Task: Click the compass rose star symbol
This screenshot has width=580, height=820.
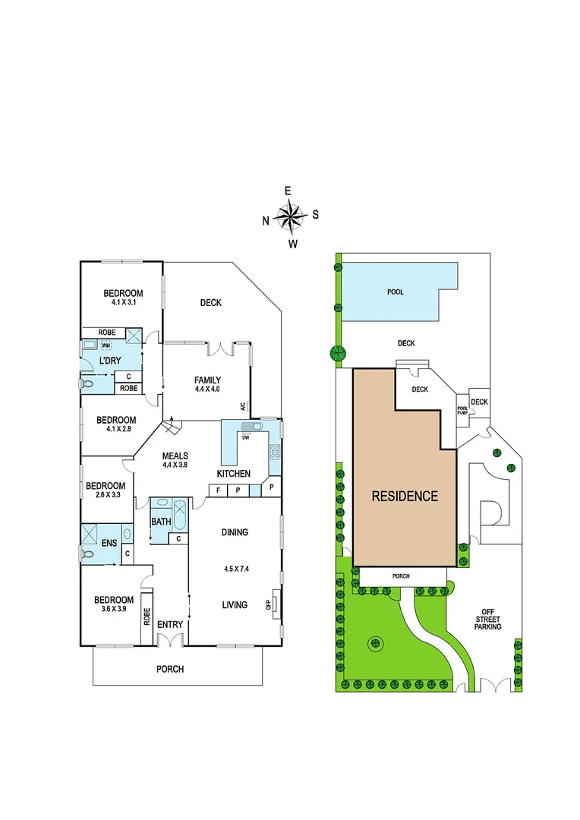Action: pyautogui.click(x=289, y=217)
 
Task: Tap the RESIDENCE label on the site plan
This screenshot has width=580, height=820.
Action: pyautogui.click(x=405, y=497)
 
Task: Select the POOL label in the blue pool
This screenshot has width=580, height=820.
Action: pyautogui.click(x=395, y=292)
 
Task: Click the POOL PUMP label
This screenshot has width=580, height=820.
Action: pyautogui.click(x=462, y=410)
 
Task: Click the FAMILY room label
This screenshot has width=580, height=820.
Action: pyautogui.click(x=207, y=380)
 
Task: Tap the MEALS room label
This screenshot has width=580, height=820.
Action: pyautogui.click(x=175, y=456)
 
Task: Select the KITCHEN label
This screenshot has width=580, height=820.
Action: pyautogui.click(x=234, y=474)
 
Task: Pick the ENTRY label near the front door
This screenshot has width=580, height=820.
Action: pyautogui.click(x=170, y=625)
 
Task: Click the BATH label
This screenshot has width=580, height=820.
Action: pyautogui.click(x=160, y=522)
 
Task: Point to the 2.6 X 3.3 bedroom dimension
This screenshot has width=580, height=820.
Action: pyautogui.click(x=105, y=496)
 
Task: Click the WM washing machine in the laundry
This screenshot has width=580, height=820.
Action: pyautogui.click(x=106, y=345)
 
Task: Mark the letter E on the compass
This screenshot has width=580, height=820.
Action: pyautogui.click(x=288, y=191)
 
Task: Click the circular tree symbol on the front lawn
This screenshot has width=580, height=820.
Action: pyautogui.click(x=374, y=644)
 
